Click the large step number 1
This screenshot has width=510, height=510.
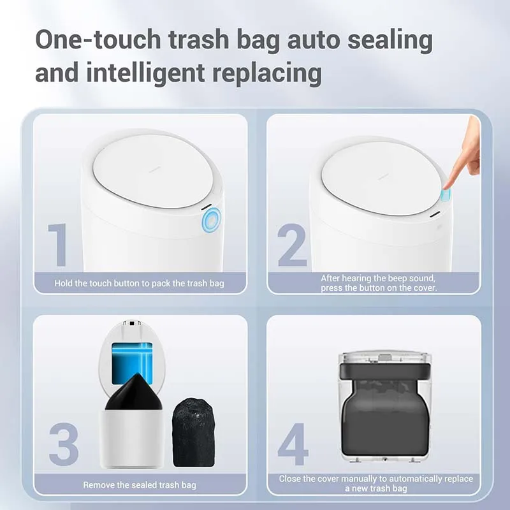coord(59,245)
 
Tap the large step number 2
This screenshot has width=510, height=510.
coord(292,245)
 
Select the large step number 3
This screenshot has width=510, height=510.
coord(64,444)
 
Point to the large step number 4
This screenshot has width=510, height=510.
coord(293,444)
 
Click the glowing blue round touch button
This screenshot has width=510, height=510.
coord(211,220)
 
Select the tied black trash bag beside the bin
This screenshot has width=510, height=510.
coord(194,433)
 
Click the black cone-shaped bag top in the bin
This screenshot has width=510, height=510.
coord(134,393)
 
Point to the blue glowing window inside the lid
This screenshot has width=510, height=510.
coord(132,362)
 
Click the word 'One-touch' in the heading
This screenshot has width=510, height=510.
coord(98,40)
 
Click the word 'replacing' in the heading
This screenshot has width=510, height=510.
coord(267,73)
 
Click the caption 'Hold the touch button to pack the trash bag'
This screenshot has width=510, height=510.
coord(139,283)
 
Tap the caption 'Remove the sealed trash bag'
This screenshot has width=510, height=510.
coord(140,485)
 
